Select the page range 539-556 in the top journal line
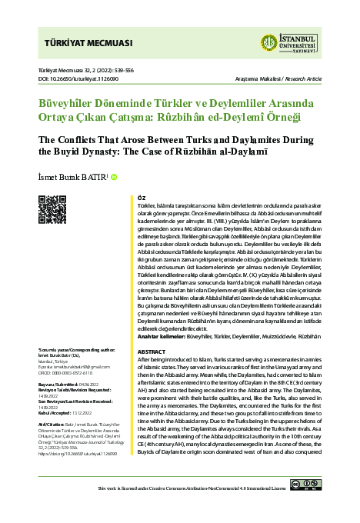[128, 70]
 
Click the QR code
[51, 210]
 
